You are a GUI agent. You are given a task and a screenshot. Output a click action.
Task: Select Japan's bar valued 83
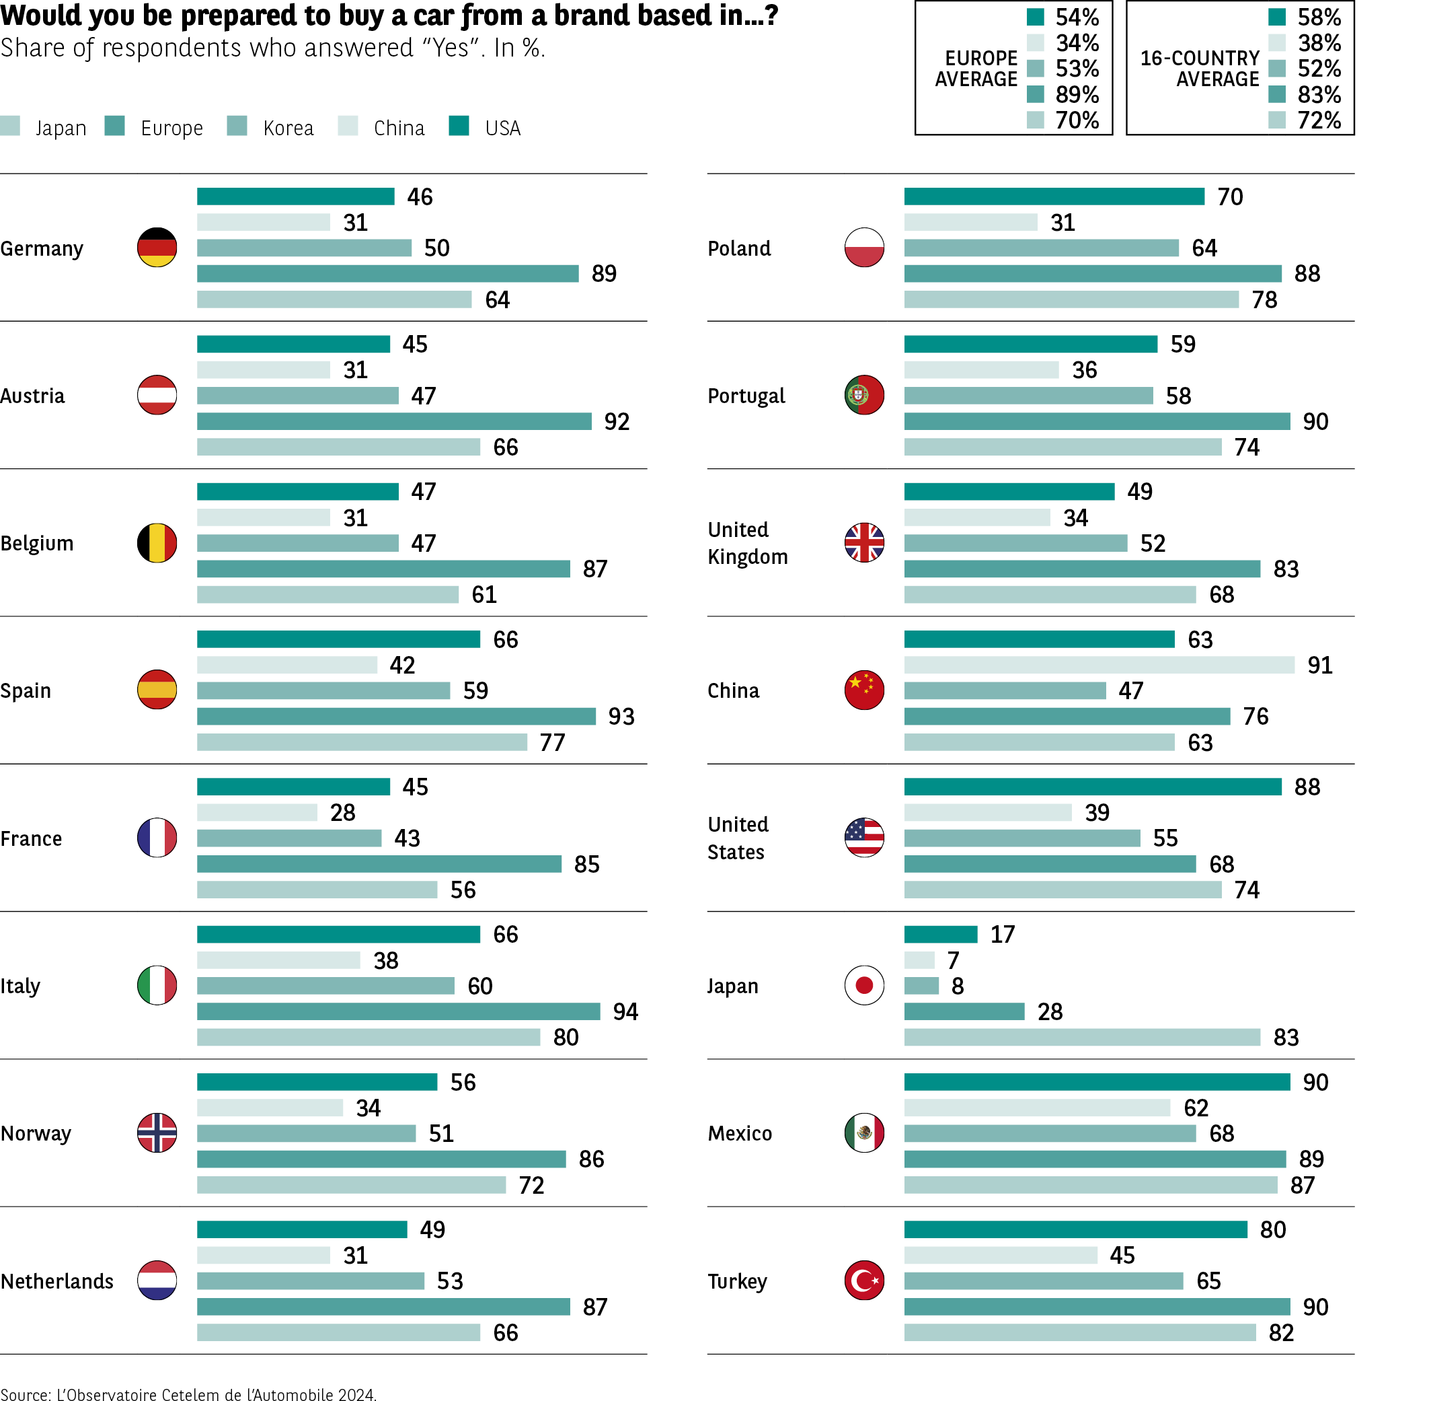1081,1037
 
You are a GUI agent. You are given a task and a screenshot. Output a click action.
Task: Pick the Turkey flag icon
864,1281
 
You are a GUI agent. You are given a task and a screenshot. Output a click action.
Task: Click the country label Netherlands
56,1281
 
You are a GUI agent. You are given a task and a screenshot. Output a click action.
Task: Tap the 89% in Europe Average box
1077,94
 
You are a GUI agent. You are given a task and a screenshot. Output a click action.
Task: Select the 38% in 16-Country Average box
1319,42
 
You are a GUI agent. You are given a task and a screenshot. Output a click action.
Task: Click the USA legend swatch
459,126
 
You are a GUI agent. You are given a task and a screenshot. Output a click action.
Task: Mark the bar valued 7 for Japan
919,960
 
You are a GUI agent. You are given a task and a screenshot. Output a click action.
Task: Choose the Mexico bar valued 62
1037,1108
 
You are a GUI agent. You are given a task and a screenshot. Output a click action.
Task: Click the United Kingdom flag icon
864,542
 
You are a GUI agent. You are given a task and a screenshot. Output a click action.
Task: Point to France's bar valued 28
257,812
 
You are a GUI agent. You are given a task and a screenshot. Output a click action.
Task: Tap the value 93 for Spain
621,716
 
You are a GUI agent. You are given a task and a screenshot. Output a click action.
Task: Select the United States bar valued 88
1092,787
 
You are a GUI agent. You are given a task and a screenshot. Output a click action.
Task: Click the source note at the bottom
188,1394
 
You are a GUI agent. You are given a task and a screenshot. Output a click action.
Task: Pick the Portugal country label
746,396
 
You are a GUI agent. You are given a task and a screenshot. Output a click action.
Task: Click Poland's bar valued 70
1054,196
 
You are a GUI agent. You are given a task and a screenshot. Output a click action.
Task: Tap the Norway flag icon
157,1133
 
